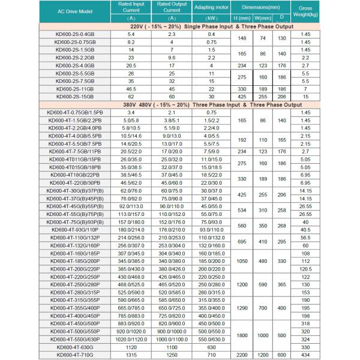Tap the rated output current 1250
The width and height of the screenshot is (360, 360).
(172, 355)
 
